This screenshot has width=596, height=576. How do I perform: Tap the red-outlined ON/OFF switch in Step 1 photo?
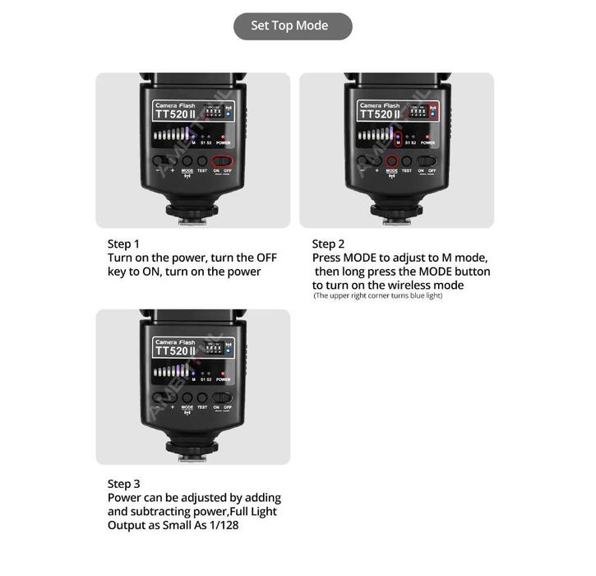222,161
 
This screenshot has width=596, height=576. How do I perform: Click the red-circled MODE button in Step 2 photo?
391,161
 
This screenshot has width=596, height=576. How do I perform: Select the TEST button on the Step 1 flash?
201,161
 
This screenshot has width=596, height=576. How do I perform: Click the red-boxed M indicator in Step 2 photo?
399,137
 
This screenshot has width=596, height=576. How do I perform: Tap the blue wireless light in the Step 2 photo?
431,113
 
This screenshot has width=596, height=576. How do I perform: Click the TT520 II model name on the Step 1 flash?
174,116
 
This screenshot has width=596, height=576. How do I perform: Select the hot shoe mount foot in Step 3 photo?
192,448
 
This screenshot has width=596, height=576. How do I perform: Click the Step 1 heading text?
123,244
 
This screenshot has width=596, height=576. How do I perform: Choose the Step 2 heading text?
328,244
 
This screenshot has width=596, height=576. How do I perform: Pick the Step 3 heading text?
123,484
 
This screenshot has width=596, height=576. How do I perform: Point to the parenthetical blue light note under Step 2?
377,295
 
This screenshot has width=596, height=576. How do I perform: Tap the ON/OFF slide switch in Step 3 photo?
222,397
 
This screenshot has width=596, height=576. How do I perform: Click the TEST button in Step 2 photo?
407,161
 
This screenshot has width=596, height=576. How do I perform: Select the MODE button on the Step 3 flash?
187,397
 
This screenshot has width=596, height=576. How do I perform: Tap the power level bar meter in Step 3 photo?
173,372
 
